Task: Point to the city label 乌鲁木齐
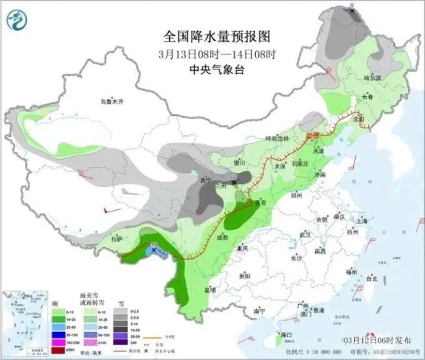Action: click(112, 101)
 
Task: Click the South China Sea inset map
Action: click(24, 324)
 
